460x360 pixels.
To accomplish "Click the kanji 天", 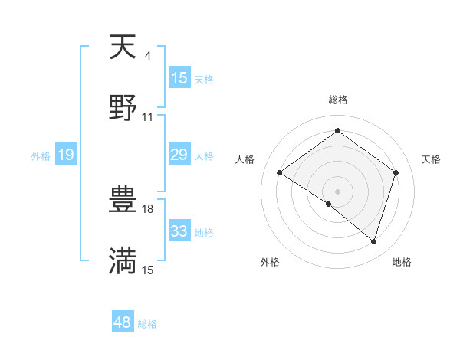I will tap(123, 48).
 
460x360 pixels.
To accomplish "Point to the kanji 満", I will tap(123, 260).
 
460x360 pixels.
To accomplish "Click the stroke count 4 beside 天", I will tap(147, 56).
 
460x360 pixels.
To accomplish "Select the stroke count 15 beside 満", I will tap(148, 270).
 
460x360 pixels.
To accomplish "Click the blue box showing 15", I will tap(179, 78).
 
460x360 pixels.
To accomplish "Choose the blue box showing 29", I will tap(179, 155).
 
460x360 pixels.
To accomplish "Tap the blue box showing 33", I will tap(179, 231).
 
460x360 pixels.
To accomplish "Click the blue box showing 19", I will tap(66, 155).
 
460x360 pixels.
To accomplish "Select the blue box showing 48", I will tap(123, 322).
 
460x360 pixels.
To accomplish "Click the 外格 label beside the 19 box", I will tap(41, 156).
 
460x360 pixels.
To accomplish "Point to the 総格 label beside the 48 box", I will tap(147, 324).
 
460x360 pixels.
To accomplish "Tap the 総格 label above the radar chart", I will tap(338, 100).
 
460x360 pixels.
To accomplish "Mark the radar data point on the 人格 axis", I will tap(280, 173).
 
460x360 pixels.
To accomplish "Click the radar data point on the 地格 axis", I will tap(373, 241).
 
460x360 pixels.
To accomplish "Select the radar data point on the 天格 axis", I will tap(396, 173).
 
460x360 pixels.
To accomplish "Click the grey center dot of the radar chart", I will tap(338, 190).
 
